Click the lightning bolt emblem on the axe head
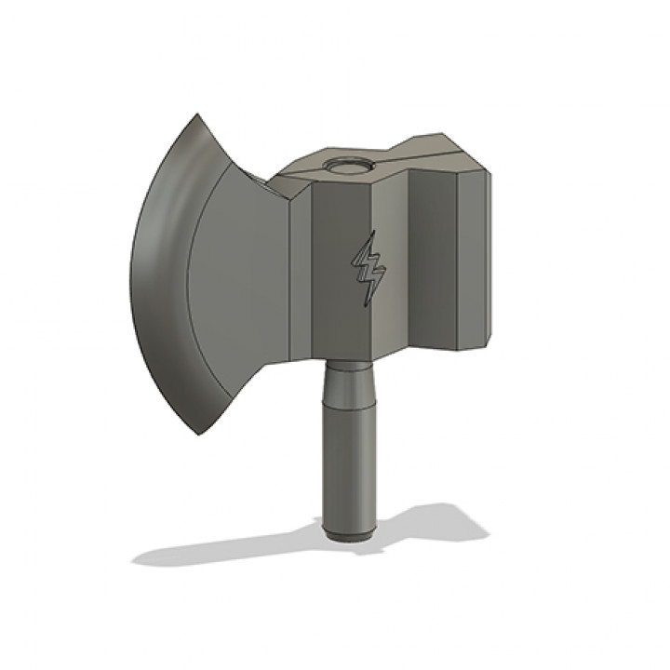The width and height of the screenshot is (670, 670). point(368,269)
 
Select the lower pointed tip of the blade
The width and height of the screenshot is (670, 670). point(200,434)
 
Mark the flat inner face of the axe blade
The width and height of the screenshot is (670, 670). point(242,279)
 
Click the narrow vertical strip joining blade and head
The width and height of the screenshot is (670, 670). point(300,279)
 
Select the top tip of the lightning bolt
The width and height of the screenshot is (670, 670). point(372,233)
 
